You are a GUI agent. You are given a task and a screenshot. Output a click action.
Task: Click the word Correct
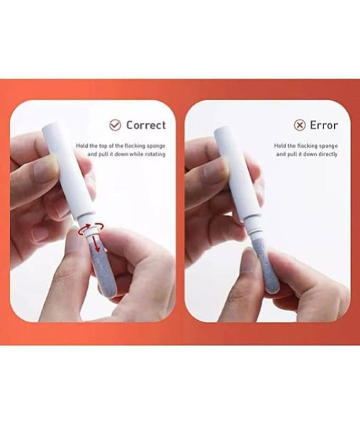click(146, 125)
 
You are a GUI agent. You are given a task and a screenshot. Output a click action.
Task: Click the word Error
click(324, 125)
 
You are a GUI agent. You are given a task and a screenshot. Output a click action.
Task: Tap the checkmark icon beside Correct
click(115, 125)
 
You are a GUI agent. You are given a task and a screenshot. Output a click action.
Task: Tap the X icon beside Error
click(299, 125)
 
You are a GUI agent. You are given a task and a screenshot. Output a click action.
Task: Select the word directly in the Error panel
click(328, 154)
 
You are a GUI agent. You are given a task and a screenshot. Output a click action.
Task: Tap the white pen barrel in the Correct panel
click(69, 172)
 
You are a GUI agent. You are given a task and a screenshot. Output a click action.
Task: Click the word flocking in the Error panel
click(307, 146)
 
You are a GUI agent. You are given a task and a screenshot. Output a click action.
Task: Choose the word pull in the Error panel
click(291, 154)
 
